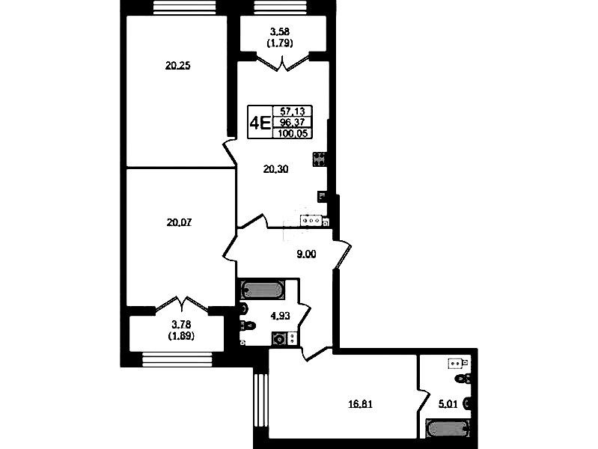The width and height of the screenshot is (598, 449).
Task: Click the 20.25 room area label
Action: tap(177, 66)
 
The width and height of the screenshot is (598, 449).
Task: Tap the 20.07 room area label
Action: tap(179, 222)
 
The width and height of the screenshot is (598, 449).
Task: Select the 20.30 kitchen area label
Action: tap(275, 169)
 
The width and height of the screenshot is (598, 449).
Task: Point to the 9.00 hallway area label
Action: tap(306, 254)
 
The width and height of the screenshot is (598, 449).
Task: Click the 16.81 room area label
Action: tap(361, 403)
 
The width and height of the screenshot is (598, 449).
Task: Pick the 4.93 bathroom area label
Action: tap(281, 316)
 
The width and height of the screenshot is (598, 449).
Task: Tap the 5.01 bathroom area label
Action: tap(448, 403)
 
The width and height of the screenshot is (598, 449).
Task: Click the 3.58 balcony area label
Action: tap(280, 31)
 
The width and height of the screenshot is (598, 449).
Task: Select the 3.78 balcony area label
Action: tap(181, 325)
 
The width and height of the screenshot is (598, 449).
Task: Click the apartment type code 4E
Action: tap(260, 123)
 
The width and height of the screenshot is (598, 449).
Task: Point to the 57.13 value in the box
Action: tap(293, 111)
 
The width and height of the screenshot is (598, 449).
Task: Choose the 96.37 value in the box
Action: tap(293, 122)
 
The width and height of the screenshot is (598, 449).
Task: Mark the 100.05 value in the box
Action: tap(293, 133)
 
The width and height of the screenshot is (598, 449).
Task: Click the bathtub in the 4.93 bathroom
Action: tap(263, 290)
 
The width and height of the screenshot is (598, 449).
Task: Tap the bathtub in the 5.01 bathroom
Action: tap(448, 429)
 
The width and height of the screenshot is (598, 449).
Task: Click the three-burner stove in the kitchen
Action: tap(311, 221)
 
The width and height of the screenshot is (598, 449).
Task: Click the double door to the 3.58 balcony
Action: tap(283, 63)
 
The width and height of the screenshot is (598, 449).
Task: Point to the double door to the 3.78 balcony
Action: tap(182, 305)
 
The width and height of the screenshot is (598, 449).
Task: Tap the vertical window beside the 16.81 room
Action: tap(261, 408)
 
